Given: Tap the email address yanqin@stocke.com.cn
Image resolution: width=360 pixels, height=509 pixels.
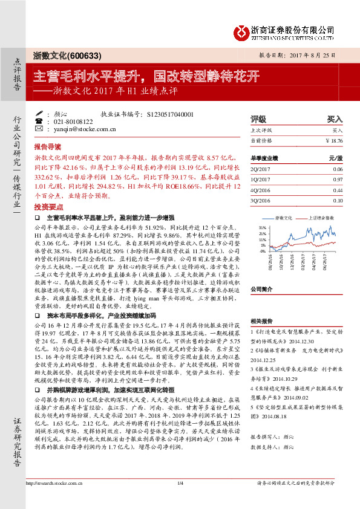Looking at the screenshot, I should pyautogui.click(x=74, y=129).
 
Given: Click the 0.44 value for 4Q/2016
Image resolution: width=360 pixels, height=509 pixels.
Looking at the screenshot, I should pyautogui.click(x=337, y=190).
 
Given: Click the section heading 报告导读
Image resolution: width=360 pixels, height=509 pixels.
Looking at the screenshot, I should pyautogui.click(x=48, y=147).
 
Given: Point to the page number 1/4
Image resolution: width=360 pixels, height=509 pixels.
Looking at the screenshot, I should pyautogui.click(x=180, y=499).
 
